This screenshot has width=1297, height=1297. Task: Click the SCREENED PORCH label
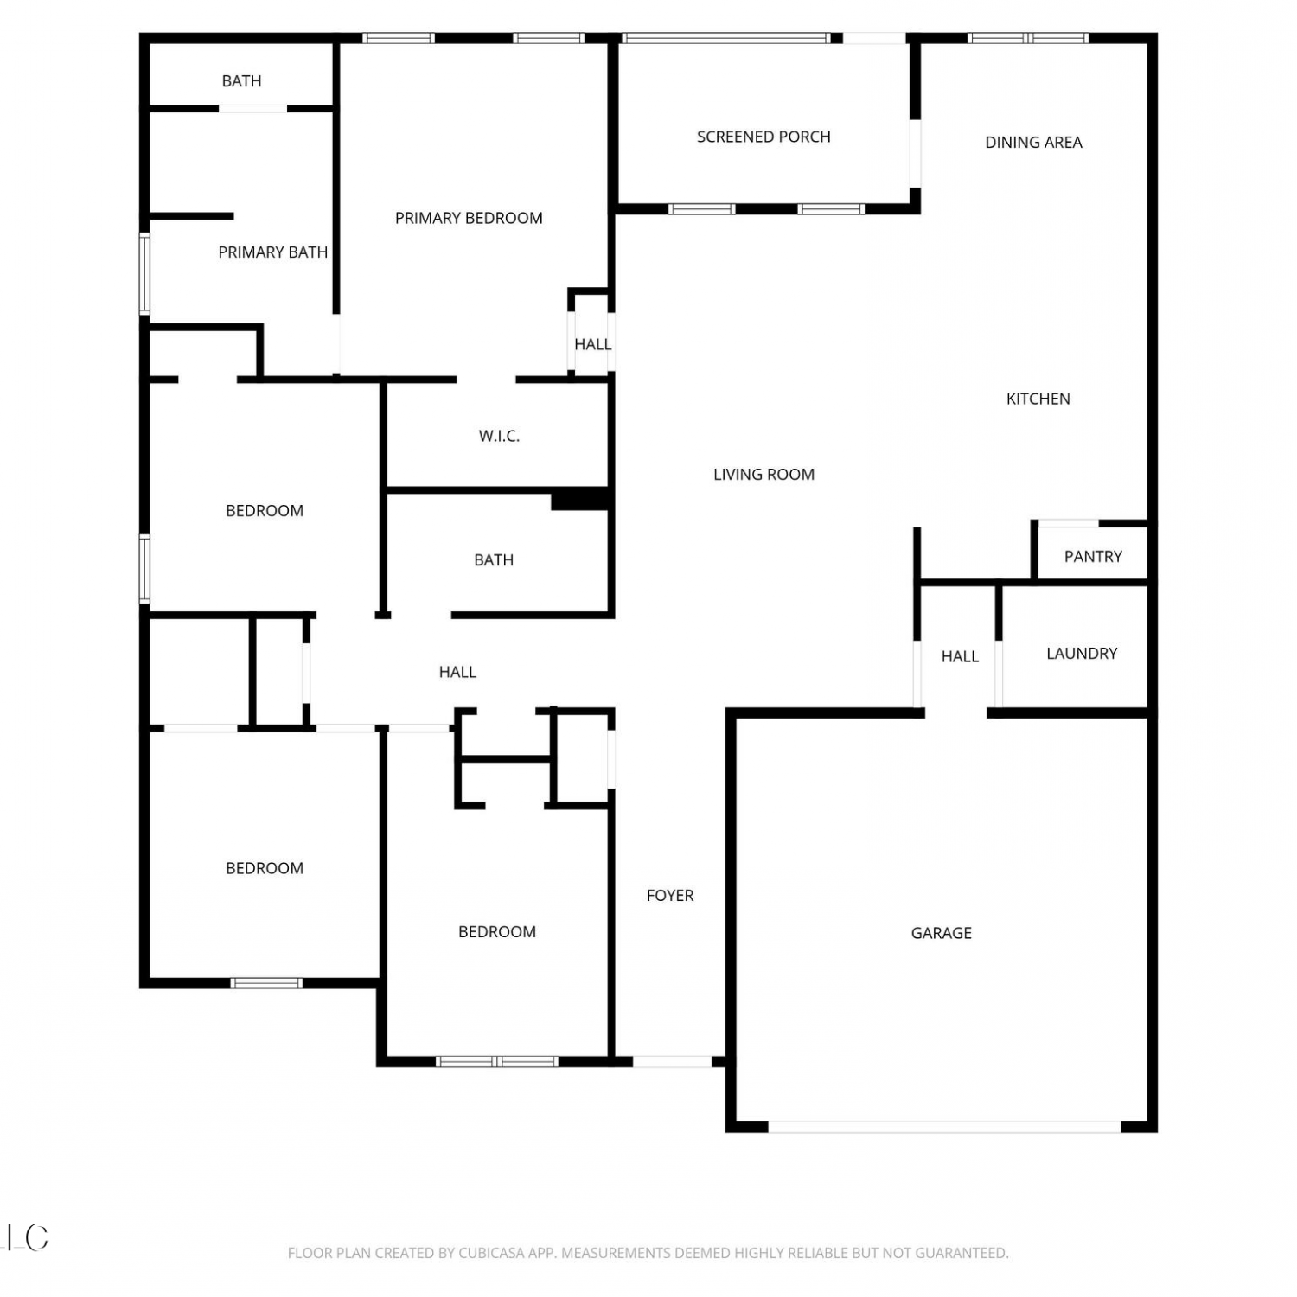pyautogui.click(x=764, y=137)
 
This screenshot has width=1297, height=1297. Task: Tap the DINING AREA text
pyautogui.click(x=1033, y=143)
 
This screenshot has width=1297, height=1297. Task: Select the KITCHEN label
pyautogui.click(x=1038, y=399)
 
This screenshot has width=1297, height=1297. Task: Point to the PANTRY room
pyautogui.click(x=1093, y=556)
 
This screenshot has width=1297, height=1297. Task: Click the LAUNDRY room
pyautogui.click(x=1082, y=654)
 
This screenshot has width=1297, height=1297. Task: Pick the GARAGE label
pyautogui.click(x=941, y=933)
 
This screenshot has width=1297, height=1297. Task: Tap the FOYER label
pyautogui.click(x=670, y=896)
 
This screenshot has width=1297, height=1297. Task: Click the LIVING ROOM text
pyautogui.click(x=764, y=475)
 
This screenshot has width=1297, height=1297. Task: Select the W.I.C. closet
pyautogui.click(x=499, y=437)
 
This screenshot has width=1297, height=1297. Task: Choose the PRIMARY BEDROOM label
pyautogui.click(x=469, y=219)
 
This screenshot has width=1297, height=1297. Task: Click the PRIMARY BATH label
pyautogui.click(x=272, y=252)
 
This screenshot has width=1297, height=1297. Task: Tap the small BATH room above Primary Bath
pyautogui.click(x=241, y=81)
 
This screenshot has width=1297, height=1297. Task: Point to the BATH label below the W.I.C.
pyautogui.click(x=494, y=560)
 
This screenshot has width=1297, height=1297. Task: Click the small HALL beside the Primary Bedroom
pyautogui.click(x=592, y=344)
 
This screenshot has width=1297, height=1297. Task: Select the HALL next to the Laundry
pyautogui.click(x=960, y=657)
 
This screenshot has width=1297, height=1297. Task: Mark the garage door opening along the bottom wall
pyautogui.click(x=945, y=1127)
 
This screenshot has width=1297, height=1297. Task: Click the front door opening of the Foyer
pyautogui.click(x=673, y=1061)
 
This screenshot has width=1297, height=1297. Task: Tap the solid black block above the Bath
pyautogui.click(x=581, y=500)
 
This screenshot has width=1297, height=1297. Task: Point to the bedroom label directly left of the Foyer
pyautogui.click(x=497, y=932)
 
